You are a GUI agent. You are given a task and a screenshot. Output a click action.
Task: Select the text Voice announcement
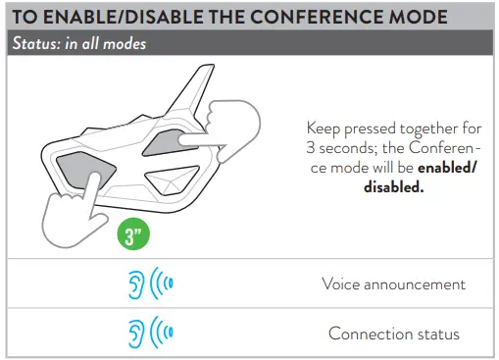[x=393, y=284]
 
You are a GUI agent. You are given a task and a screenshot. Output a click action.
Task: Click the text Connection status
[x=393, y=334]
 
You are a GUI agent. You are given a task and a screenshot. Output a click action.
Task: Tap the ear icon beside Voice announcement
[x=137, y=284]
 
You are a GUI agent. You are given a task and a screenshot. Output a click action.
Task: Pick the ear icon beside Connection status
[x=137, y=334]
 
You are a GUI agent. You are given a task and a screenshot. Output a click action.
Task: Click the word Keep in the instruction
[x=324, y=128]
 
